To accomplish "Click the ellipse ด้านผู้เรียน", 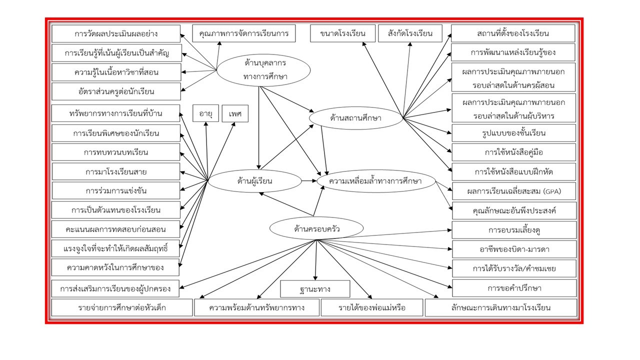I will tap(254, 180).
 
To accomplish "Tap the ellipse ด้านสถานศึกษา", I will tap(356, 118).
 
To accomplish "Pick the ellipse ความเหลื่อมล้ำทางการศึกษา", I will tap(379, 180).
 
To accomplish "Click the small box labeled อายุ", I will tap(205, 113).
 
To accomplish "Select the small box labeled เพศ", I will tap(235, 113).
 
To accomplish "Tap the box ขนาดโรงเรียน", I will tap(342, 33).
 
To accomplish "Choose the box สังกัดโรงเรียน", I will tap(410, 33).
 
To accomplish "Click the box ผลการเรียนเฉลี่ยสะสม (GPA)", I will tap(513, 190).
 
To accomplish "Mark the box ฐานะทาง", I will tap(315, 289).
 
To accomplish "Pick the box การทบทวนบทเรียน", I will tap(116, 152).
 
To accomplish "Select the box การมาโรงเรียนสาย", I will tap(116, 171).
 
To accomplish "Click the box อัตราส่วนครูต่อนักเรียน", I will tap(116, 91).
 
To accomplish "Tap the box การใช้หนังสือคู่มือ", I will tap(513, 152).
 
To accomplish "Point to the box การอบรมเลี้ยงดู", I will tap(513, 230).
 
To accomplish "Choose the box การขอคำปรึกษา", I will tap(513, 288).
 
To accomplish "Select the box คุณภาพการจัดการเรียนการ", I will tap(243, 33).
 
